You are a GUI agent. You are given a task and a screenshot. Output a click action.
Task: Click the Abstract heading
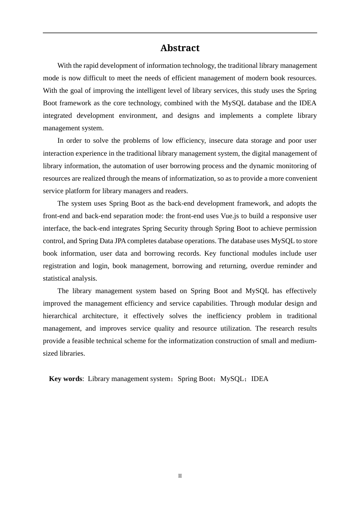click(x=180, y=48)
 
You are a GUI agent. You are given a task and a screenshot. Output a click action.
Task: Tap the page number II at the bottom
click(x=180, y=476)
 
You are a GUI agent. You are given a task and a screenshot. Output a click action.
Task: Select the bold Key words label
click(x=65, y=379)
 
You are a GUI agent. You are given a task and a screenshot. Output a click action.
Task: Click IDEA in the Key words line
click(x=260, y=379)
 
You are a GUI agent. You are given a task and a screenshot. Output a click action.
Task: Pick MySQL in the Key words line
click(x=232, y=379)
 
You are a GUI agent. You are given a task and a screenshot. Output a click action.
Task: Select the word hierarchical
click(x=60, y=316)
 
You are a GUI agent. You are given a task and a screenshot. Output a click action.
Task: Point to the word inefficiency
click(x=224, y=316)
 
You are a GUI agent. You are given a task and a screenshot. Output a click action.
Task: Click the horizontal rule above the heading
click(x=180, y=33)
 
